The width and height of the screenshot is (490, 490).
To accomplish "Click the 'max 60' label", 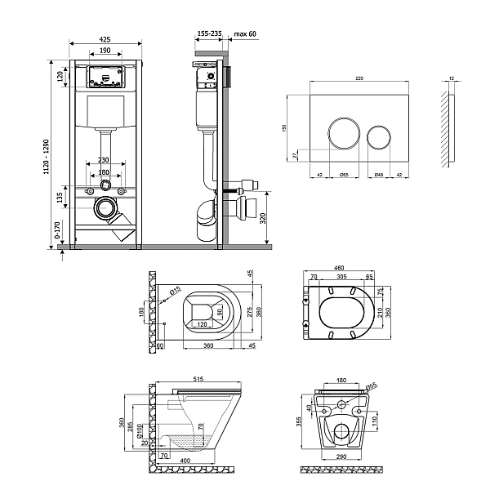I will point(245,33).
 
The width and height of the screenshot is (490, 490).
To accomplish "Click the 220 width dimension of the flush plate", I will point(359,78).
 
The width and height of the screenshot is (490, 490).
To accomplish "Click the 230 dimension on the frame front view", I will point(104,160).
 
